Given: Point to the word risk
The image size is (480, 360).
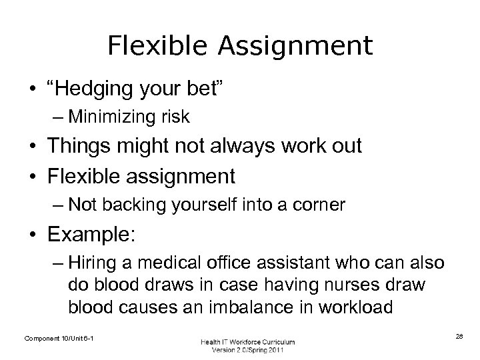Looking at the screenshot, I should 175,118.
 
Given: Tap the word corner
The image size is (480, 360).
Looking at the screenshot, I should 323,205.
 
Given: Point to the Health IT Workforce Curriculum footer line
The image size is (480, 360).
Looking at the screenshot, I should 247,341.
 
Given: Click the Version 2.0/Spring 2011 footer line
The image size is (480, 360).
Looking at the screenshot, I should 247,350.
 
